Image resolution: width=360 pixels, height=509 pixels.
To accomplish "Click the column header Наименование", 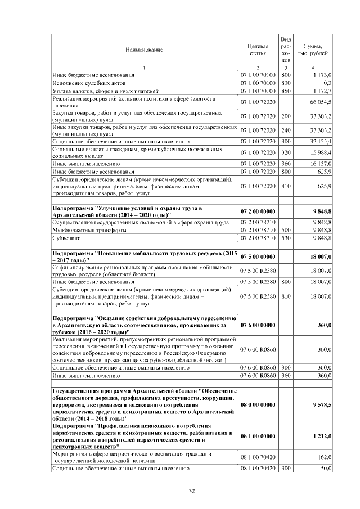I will point(144,49).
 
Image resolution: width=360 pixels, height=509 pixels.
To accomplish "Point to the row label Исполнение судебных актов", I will point(83,82).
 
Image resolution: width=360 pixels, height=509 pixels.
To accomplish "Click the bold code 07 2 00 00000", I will point(258,211).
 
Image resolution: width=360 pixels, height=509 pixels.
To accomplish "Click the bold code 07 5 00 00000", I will point(258,255).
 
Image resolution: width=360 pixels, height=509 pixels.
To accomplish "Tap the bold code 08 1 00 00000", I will point(258,436).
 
